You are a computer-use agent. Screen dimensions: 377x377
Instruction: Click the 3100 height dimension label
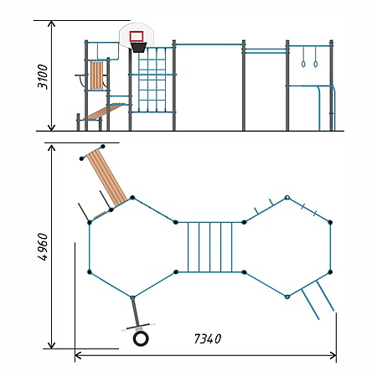[x=43, y=77]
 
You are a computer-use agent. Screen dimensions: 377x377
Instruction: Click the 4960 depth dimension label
[x=43, y=247]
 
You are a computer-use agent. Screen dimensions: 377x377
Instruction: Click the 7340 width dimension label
[x=208, y=338]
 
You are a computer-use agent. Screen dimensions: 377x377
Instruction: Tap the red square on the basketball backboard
[x=137, y=36]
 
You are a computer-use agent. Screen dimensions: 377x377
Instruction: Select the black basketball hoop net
[x=139, y=47]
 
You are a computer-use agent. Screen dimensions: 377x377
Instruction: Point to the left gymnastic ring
[x=303, y=64]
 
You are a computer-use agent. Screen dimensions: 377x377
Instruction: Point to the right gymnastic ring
[x=316, y=64]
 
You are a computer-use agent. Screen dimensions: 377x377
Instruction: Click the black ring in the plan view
[x=141, y=338]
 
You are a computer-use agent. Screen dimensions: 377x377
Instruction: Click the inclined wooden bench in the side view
[x=105, y=111]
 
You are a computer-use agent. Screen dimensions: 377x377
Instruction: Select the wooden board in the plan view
[x=106, y=178]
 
